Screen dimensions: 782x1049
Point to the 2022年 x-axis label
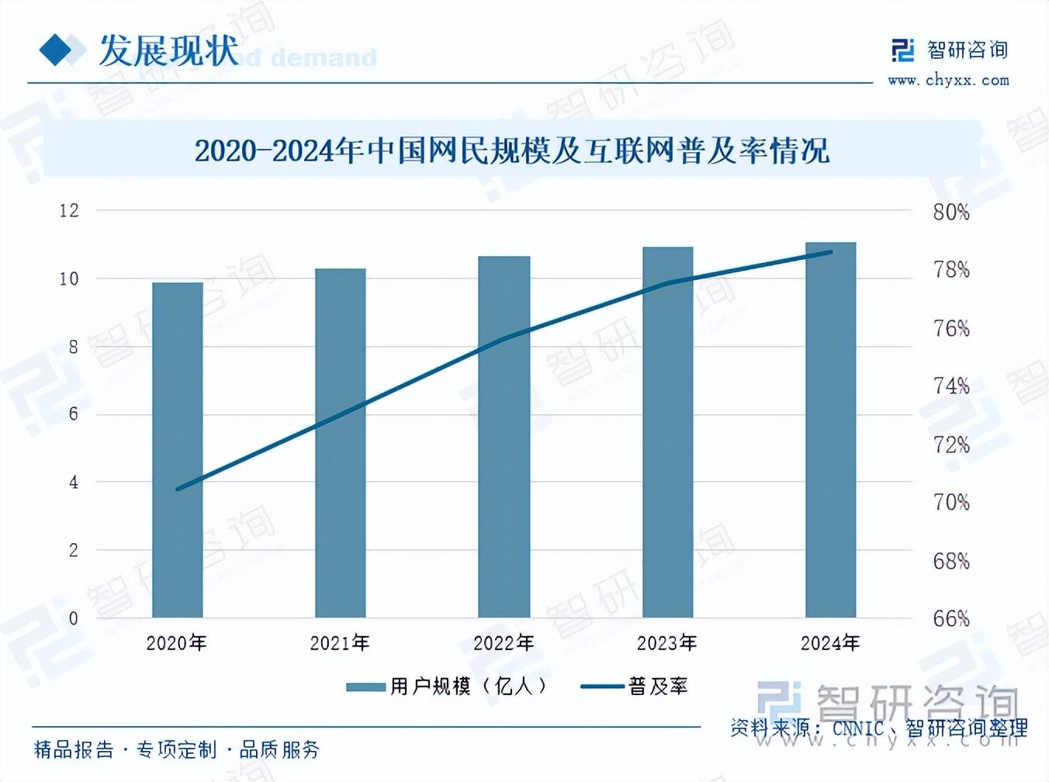(504, 643)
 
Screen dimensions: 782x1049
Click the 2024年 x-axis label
(830, 643)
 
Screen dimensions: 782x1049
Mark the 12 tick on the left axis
(69, 210)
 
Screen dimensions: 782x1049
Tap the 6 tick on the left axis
(74, 414)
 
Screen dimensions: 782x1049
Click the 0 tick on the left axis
(74, 618)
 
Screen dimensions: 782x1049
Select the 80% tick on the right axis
(951, 212)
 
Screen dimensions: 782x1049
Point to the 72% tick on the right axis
(951, 445)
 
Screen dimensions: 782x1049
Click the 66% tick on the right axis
(951, 618)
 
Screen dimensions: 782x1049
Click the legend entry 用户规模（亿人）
(448, 687)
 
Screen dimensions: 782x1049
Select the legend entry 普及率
(635, 687)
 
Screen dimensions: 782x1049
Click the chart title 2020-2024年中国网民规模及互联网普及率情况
(511, 151)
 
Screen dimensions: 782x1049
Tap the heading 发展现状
(168, 51)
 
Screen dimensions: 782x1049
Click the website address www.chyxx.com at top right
(948, 80)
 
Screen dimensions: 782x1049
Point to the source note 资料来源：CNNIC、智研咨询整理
(878, 728)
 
